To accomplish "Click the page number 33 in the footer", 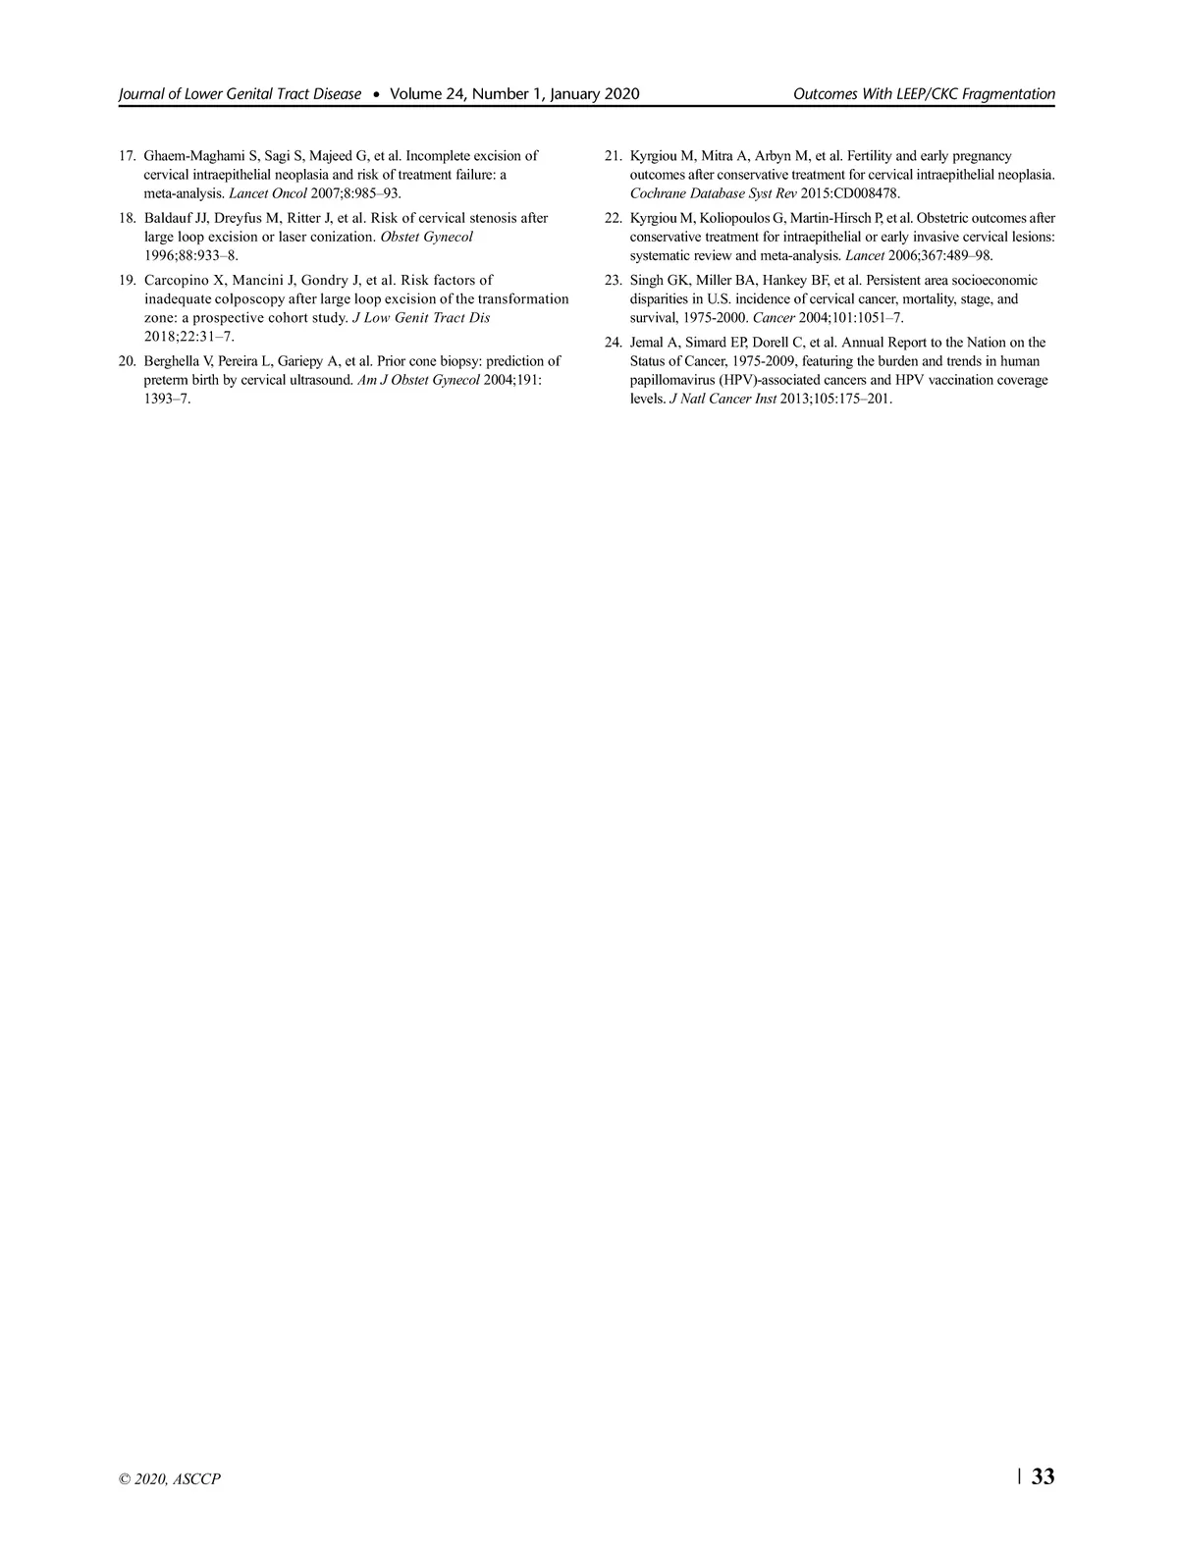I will tap(1044, 1476).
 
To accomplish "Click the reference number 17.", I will tap(127, 156).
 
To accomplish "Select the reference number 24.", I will tap(614, 343).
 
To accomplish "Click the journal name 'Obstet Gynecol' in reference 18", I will tap(426, 237).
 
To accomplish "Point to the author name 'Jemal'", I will tap(648, 343).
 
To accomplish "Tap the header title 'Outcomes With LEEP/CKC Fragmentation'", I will tap(924, 94).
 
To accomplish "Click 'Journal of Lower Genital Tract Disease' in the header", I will tap(240, 94).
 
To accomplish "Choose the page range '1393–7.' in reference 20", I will tap(167, 399).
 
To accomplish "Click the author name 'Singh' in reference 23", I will tap(647, 281).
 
